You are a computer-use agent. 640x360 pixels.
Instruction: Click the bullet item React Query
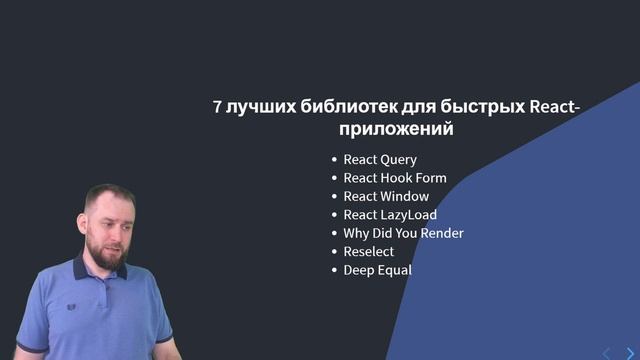pyautogui.click(x=380, y=160)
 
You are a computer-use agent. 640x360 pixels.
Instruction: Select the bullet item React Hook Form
pyautogui.click(x=394, y=178)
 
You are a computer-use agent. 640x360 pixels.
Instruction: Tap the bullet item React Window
pyautogui.click(x=386, y=197)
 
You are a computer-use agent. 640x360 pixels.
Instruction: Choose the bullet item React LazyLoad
pyautogui.click(x=390, y=215)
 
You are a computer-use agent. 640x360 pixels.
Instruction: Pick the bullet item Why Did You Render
pyautogui.click(x=403, y=233)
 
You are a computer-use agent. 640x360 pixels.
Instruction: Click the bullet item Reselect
pyautogui.click(x=368, y=252)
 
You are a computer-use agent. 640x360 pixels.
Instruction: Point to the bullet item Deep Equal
pyautogui.click(x=377, y=270)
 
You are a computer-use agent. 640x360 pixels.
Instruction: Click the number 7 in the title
pyautogui.click(x=217, y=108)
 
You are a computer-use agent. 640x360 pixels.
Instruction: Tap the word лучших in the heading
pyautogui.click(x=261, y=108)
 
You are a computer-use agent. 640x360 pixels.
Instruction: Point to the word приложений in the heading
pyautogui.click(x=396, y=130)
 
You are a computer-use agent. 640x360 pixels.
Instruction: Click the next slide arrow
pyautogui.click(x=629, y=352)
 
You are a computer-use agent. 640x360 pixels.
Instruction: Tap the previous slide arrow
pyautogui.click(x=606, y=352)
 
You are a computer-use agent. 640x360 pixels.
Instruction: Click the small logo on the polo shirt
pyautogui.click(x=71, y=307)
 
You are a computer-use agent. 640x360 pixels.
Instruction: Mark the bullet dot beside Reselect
pyautogui.click(x=334, y=252)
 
